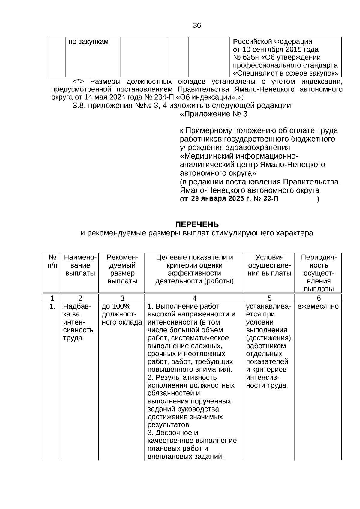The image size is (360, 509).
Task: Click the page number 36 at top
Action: (x=197, y=26)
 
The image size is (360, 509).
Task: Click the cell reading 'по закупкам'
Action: (x=88, y=42)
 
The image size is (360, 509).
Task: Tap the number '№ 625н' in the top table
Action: (x=243, y=58)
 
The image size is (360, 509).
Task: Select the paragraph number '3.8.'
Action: (x=79, y=106)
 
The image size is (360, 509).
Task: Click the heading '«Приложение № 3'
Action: (x=214, y=114)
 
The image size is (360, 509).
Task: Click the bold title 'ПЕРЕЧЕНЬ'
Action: (x=197, y=225)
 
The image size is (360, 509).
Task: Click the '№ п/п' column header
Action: (x=52, y=262)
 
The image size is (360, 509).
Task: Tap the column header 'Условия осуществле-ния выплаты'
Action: (x=269, y=265)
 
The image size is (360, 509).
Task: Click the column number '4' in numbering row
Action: (x=194, y=298)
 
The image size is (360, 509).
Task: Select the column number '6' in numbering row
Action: (x=319, y=298)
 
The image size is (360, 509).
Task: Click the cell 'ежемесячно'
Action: (x=318, y=307)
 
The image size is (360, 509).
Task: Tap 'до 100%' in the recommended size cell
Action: (x=116, y=307)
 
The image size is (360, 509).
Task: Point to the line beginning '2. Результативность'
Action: (x=182, y=378)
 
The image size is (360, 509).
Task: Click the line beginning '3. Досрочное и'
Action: (x=173, y=433)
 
